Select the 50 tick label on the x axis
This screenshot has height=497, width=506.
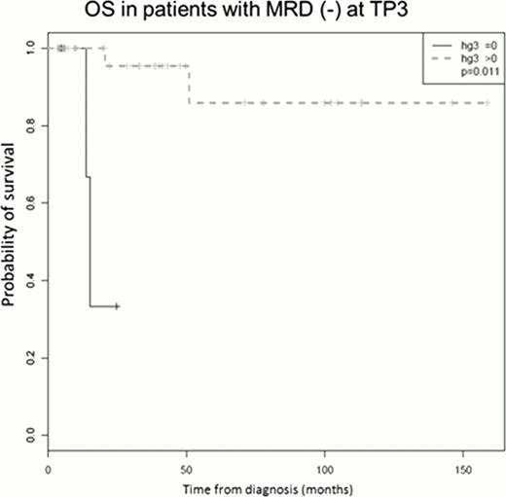tap(187, 468)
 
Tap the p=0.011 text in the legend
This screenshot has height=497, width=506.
tap(473, 70)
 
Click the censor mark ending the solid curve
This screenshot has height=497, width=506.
tap(117, 305)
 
